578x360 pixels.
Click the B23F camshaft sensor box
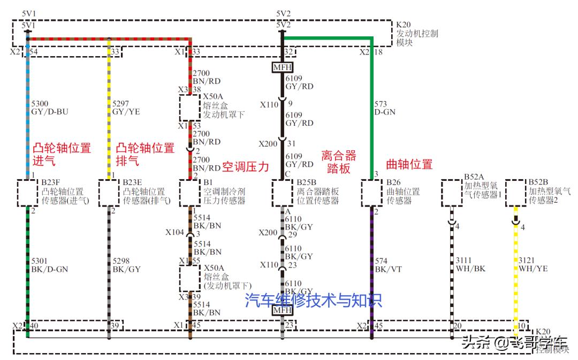coord(28,193)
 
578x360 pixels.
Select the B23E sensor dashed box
coord(109,193)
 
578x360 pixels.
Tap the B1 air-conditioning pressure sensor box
coord(190,193)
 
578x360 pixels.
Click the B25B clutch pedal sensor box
coord(283,193)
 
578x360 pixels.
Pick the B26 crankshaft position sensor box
coord(371,193)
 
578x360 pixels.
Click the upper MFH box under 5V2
coord(283,68)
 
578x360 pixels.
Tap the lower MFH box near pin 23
coord(283,309)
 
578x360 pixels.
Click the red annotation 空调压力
coord(245,166)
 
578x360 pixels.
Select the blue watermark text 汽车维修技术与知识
coord(314,301)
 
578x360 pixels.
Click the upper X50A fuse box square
coord(190,109)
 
